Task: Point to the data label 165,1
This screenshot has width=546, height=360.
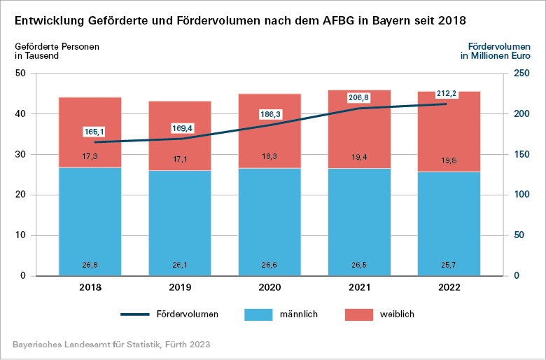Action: [92, 131]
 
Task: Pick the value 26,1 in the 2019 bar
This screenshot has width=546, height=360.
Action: [180, 265]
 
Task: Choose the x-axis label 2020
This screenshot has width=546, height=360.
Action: [269, 288]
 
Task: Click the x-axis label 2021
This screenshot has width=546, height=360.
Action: [359, 288]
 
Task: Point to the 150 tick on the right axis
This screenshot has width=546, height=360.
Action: [522, 155]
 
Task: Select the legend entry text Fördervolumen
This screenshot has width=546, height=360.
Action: [188, 314]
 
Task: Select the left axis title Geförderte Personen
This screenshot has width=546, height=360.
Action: [57, 47]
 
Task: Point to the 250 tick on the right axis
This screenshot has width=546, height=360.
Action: [522, 74]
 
